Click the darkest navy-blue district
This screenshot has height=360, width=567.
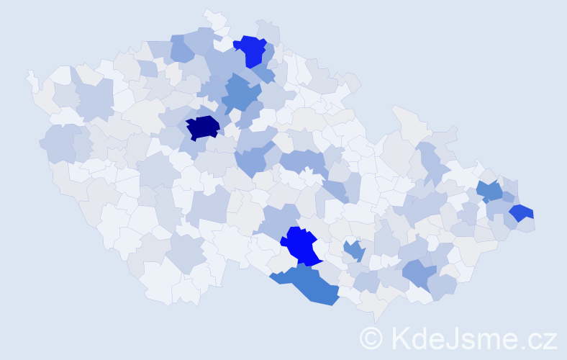coord(203,127)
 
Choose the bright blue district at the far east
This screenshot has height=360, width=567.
coord(521,213)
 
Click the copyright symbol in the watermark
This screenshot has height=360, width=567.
coord(371,337)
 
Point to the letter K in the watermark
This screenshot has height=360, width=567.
coord(401,337)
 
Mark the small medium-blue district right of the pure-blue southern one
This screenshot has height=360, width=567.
coord(353,251)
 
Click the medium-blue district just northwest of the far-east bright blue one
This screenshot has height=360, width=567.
coord(490,192)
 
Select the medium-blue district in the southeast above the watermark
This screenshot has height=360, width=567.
coord(419,274)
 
